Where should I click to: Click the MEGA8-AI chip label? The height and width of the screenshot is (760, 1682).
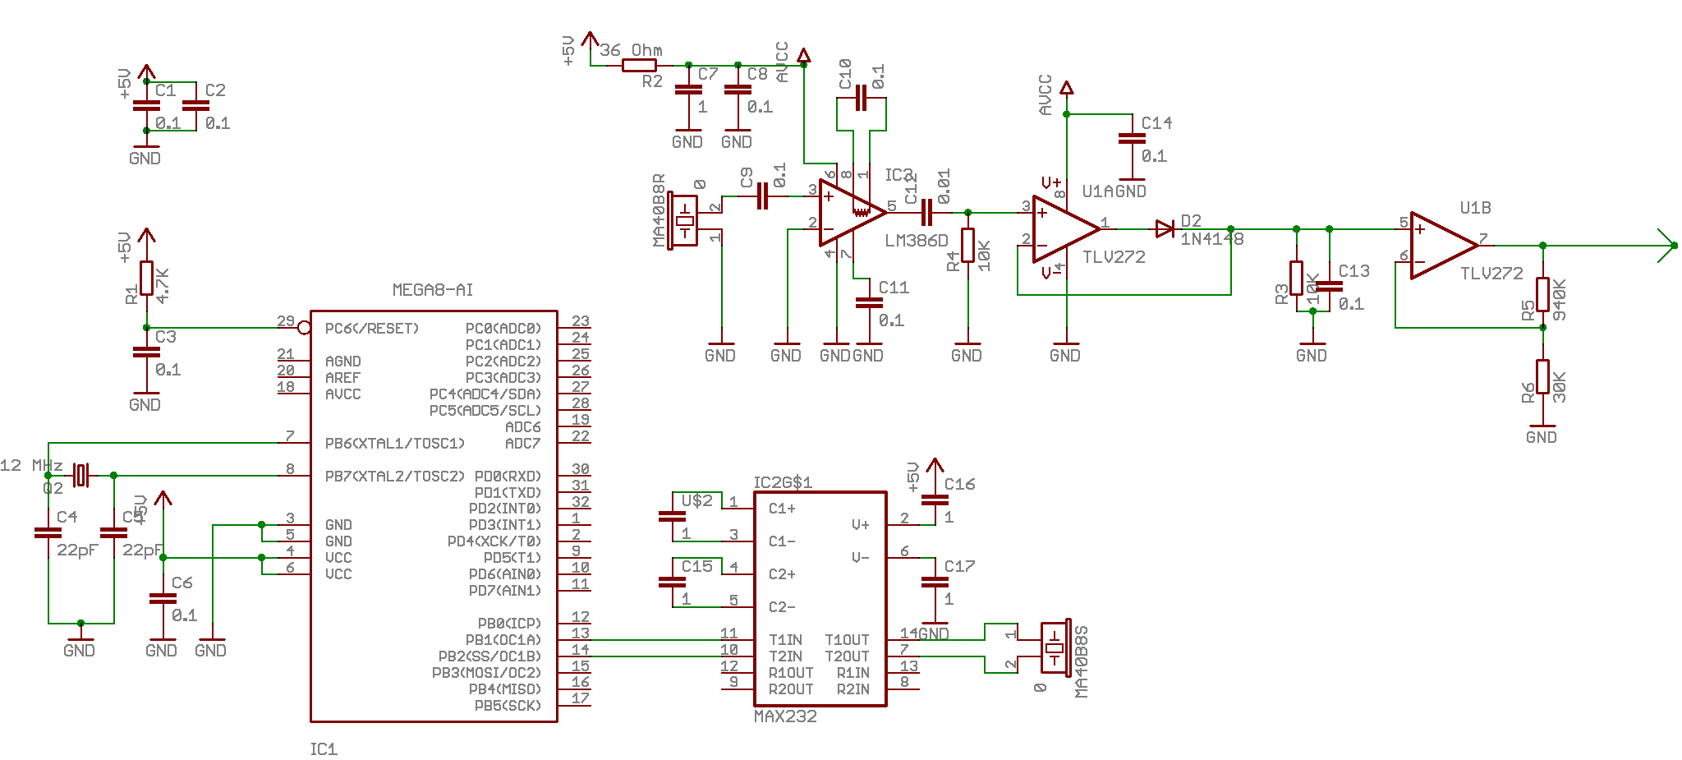432,290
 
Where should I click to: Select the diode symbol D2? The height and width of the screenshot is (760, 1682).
1165,229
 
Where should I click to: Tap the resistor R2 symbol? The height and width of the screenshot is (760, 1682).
639,65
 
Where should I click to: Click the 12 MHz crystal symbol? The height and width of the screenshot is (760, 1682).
80,475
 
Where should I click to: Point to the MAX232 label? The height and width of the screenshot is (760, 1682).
785,716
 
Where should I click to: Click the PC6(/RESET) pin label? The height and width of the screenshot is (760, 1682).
371,329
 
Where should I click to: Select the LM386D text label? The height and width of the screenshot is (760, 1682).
916,241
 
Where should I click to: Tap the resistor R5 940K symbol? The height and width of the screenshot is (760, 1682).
1542,294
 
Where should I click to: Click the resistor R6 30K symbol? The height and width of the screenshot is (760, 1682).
1542,377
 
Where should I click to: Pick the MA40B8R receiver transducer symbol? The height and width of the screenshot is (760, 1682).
684,221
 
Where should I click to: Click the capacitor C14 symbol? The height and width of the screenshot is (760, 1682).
1132,140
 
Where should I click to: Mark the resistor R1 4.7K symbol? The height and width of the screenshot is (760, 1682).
146,278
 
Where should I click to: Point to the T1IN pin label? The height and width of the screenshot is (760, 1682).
785,640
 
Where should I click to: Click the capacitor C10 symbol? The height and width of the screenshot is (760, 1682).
861,98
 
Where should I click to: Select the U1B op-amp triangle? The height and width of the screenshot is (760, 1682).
1443,245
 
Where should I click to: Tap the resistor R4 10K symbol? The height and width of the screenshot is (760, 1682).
967,245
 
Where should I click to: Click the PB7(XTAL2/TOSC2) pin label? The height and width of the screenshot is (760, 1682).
394,477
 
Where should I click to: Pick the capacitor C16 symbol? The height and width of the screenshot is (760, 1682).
935,500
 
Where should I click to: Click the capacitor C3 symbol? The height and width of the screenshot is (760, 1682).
146,352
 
